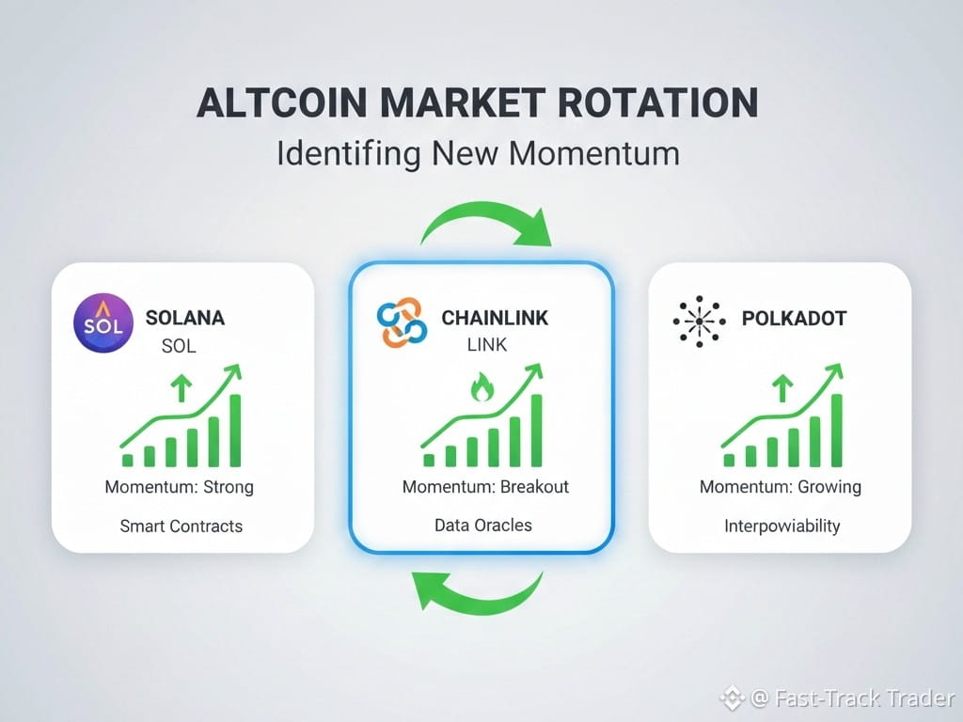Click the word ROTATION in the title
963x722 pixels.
657,102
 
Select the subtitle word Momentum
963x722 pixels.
594,153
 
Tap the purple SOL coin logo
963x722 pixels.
103,323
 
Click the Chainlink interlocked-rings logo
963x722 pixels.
403,323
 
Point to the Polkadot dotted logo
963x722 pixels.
699,322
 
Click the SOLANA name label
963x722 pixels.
185,318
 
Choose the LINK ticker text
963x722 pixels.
487,345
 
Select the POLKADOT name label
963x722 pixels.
794,318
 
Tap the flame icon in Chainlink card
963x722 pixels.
481,386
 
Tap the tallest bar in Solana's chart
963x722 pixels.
235,431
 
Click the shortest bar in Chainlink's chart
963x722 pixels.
429,461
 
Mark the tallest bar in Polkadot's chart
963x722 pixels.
836,431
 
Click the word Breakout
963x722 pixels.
534,487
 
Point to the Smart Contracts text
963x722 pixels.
182,526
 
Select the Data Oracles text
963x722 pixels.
483,526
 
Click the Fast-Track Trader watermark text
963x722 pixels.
865,698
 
